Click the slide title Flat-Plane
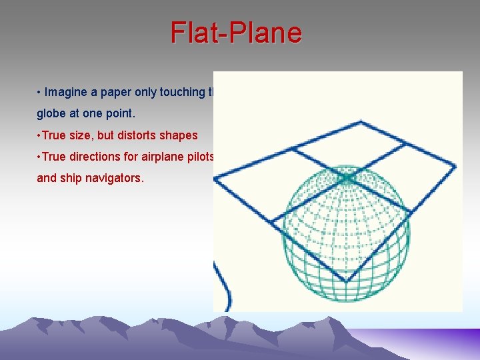click(x=236, y=33)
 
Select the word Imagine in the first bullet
click(x=65, y=92)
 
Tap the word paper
click(x=109, y=92)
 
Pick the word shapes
click(x=180, y=135)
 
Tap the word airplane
click(x=161, y=157)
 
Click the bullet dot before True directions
click(x=39, y=157)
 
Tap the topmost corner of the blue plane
click(x=361, y=121)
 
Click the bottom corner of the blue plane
click(x=345, y=281)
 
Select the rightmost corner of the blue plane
click(x=455, y=167)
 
